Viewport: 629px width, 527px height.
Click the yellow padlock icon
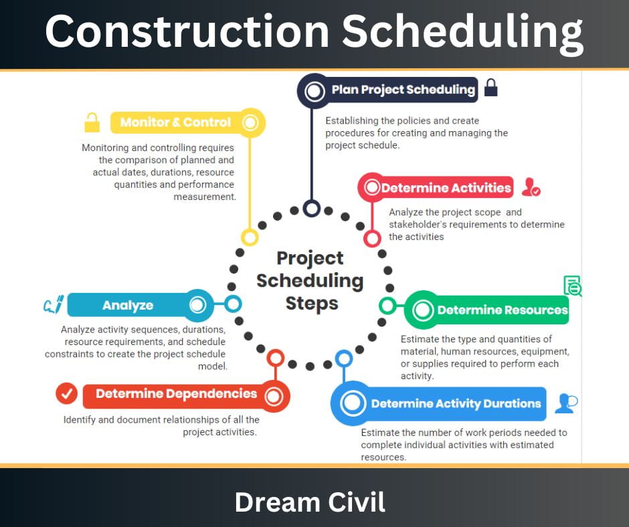[92, 122]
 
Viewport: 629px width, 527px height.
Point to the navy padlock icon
[490, 88]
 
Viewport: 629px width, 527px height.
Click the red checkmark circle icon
[67, 393]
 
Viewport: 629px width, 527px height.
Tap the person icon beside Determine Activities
[531, 187]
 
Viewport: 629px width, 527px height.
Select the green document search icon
[572, 286]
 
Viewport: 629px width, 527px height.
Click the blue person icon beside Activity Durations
[566, 403]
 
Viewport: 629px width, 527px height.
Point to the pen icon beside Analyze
[54, 304]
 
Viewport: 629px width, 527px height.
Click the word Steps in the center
[312, 304]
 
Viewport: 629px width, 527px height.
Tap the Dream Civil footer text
[310, 502]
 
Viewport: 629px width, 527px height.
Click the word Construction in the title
[187, 31]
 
